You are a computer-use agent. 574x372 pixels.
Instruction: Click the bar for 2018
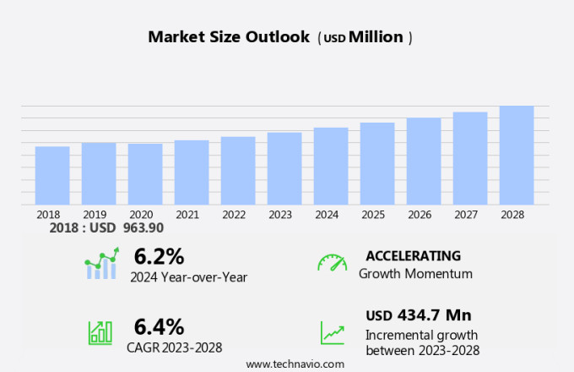coord(52,175)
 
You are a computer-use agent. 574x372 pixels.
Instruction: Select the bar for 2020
coord(145,173)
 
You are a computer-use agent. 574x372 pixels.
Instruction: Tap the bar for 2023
coord(284,168)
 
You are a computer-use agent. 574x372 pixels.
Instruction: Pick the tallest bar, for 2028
coord(517,155)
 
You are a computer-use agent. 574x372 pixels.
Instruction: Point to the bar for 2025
coord(377,163)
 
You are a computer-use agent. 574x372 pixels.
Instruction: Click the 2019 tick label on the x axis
coord(95,215)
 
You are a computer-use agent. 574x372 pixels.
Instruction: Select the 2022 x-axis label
coord(234,215)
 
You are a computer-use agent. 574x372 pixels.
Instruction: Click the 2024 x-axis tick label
coord(327,215)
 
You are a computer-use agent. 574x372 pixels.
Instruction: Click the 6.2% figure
coord(159,256)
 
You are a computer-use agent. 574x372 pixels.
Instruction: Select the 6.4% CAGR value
coord(159,326)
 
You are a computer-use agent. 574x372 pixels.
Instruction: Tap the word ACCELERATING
coord(413,256)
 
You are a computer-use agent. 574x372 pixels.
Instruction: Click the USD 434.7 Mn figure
coord(419,315)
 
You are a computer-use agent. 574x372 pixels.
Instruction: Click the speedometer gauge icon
coord(332,263)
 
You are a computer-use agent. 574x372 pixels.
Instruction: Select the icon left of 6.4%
coord(100,332)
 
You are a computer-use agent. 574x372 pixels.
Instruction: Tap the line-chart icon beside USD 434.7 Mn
coord(332,332)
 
